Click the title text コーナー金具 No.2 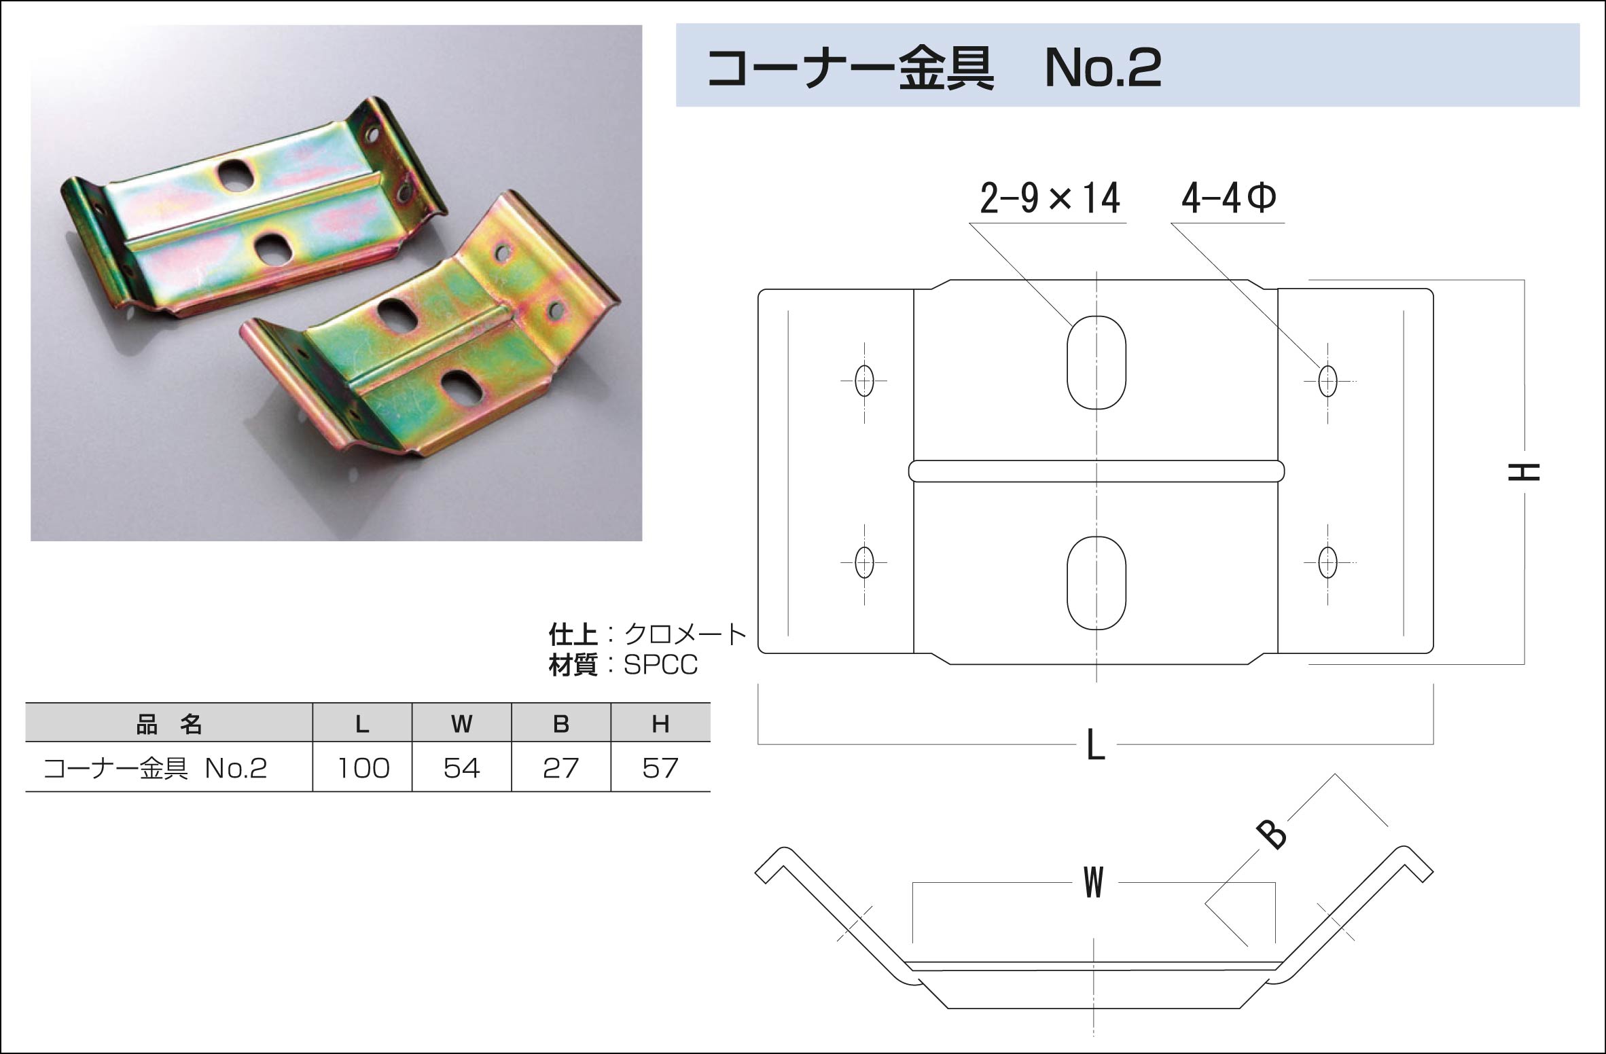(934, 69)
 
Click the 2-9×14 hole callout (1050, 198)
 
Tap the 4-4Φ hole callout (1229, 198)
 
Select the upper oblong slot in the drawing (1096, 362)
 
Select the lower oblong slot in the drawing (1096, 583)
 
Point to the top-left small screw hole (864, 380)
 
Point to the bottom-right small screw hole (1327, 562)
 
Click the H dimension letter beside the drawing (1524, 472)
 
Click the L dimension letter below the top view (1096, 744)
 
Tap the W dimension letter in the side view (1094, 882)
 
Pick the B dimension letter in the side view (1271, 835)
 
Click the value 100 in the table (363, 768)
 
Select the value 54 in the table (461, 768)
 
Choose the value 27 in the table (560, 768)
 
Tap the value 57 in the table (660, 768)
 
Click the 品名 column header (169, 725)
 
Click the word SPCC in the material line (660, 665)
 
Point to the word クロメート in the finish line (685, 634)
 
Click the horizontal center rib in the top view (1096, 471)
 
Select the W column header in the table (461, 725)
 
